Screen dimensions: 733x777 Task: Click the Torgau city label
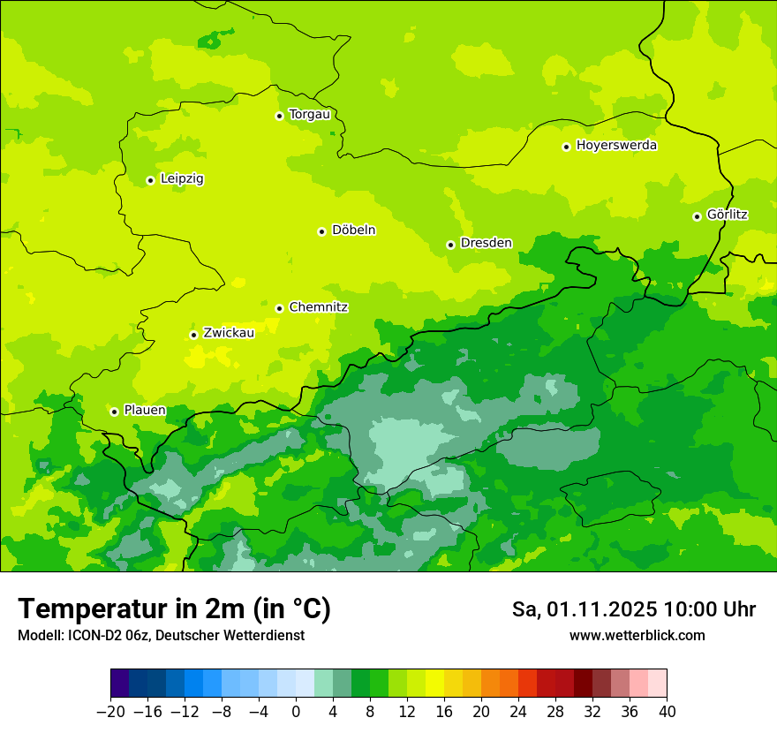(x=309, y=114)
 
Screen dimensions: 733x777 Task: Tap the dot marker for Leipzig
(x=150, y=180)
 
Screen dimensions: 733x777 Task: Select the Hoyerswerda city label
(x=616, y=145)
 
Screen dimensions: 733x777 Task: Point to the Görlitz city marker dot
(x=697, y=216)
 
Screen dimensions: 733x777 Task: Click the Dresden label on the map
(x=486, y=243)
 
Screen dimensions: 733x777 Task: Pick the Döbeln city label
(x=353, y=230)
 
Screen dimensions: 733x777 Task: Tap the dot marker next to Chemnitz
(x=279, y=308)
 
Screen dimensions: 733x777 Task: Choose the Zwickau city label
(x=229, y=333)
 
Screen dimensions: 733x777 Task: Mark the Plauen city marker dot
(x=114, y=412)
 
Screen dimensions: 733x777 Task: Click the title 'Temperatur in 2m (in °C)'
(x=174, y=608)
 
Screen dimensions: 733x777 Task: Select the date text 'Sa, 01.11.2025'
(x=585, y=609)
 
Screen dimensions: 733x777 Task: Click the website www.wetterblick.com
(x=637, y=635)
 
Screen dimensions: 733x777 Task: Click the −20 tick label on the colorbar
(x=110, y=712)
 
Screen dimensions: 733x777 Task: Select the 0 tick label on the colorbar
(x=296, y=712)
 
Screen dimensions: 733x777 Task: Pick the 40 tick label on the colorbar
(x=667, y=712)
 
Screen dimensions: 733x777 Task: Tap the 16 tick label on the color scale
(x=444, y=712)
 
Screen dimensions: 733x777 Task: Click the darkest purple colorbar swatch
(x=119, y=683)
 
